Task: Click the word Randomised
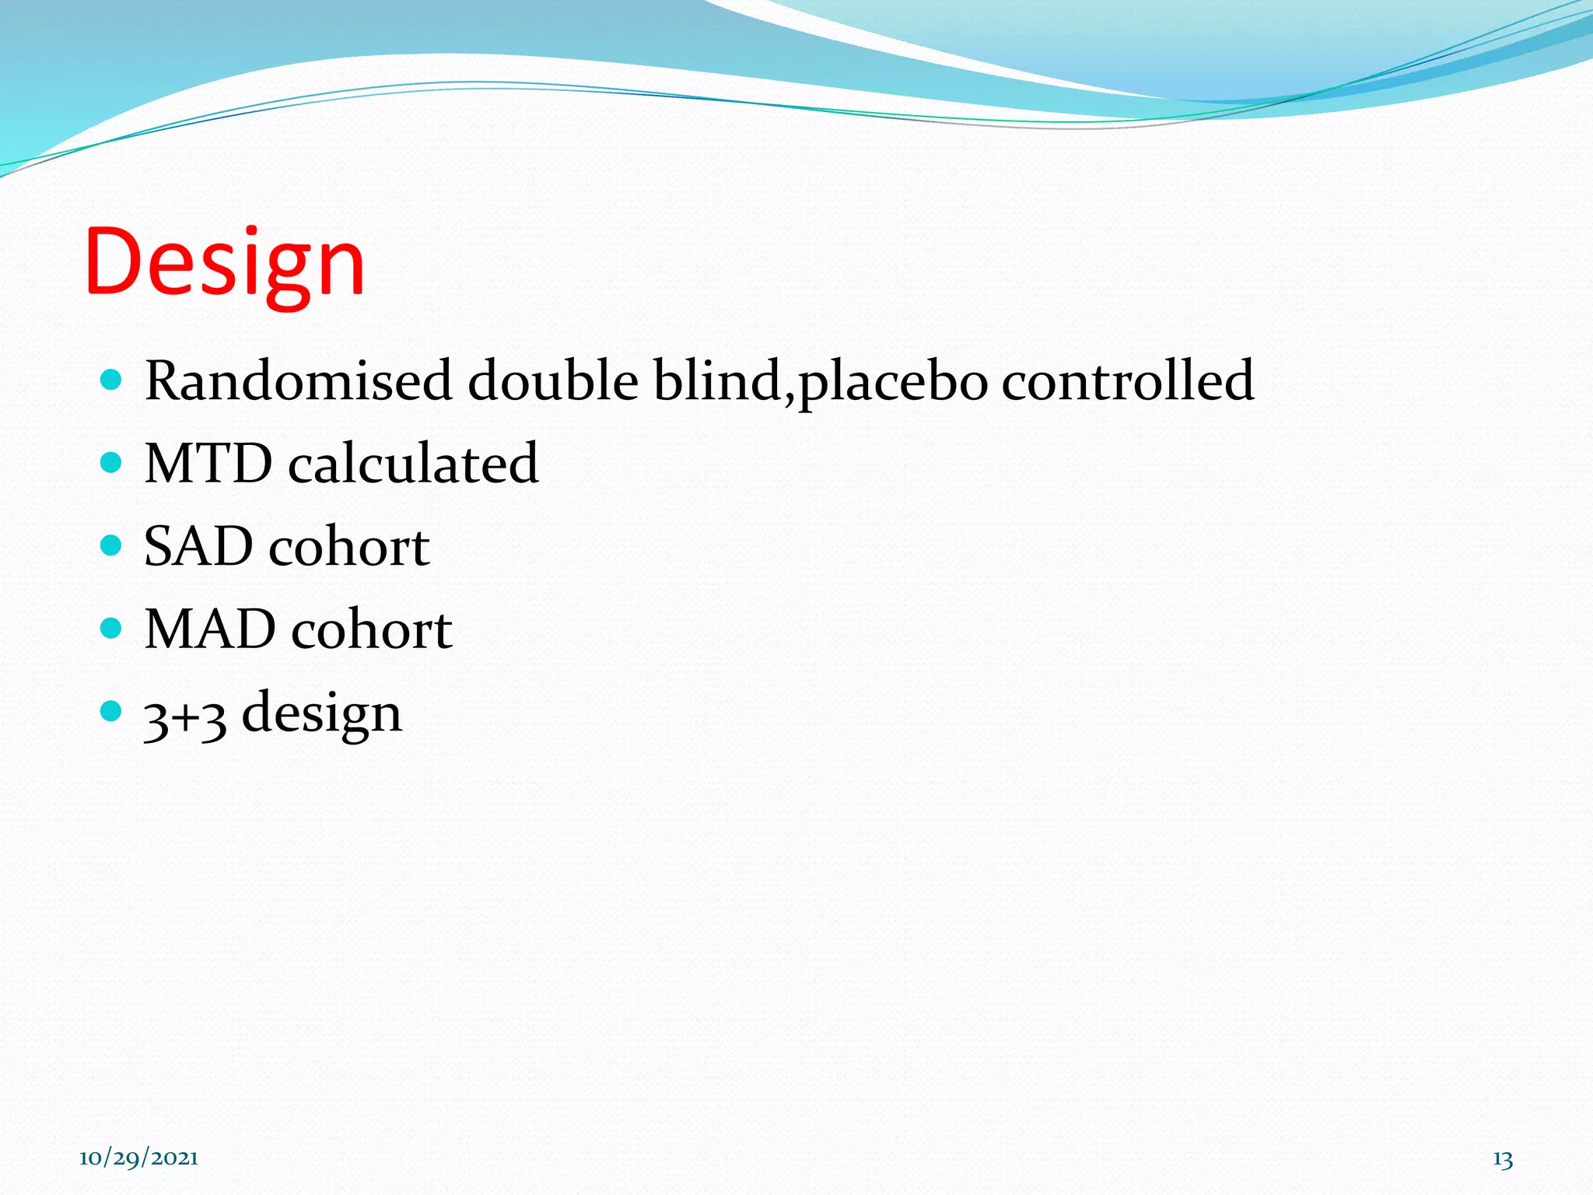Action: (299, 381)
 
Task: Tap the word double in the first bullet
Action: (553, 381)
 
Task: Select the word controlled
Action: (1127, 381)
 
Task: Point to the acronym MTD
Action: (208, 464)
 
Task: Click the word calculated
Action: (413, 464)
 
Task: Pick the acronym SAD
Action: (198, 546)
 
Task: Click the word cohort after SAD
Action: (349, 546)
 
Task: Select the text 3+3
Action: (185, 715)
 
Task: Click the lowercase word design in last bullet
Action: (322, 715)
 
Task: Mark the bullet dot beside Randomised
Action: (112, 380)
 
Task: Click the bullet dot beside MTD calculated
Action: (112, 463)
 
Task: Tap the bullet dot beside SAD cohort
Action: (112, 545)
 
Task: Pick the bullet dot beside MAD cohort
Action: (112, 628)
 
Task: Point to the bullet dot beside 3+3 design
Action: (112, 710)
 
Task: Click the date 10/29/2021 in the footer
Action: (138, 1158)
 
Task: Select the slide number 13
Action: (1502, 1159)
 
